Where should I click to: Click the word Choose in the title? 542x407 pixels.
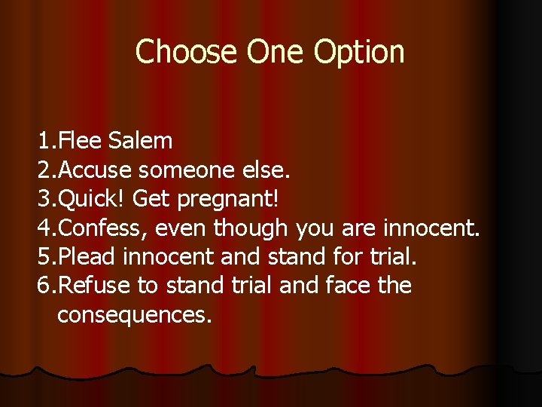184,52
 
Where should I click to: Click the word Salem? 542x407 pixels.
141,140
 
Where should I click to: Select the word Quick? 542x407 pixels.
93,199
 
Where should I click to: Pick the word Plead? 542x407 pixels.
87,256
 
